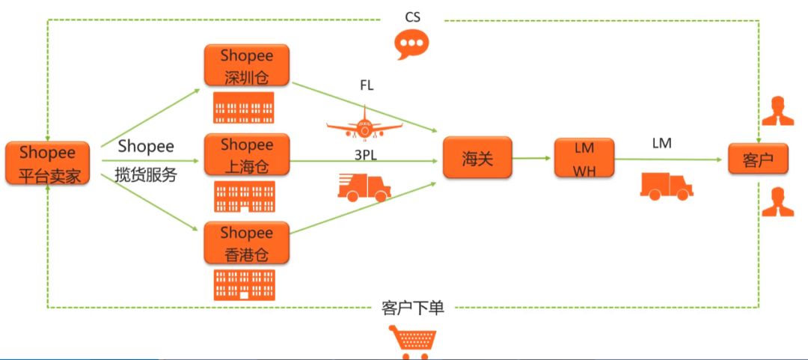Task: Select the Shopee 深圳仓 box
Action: coord(247,65)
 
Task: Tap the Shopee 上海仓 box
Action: coord(247,155)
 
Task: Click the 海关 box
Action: coord(477,157)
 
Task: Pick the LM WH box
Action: coord(584,158)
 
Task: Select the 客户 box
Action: coord(757,159)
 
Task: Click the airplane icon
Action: coord(365,123)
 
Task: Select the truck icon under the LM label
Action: coord(666,186)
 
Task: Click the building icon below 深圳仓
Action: coord(244,108)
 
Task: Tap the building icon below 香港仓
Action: coord(244,285)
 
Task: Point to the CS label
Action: coord(412,16)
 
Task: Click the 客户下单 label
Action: coord(412,308)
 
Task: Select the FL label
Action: coord(367,86)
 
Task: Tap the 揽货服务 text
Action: coord(146,176)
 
